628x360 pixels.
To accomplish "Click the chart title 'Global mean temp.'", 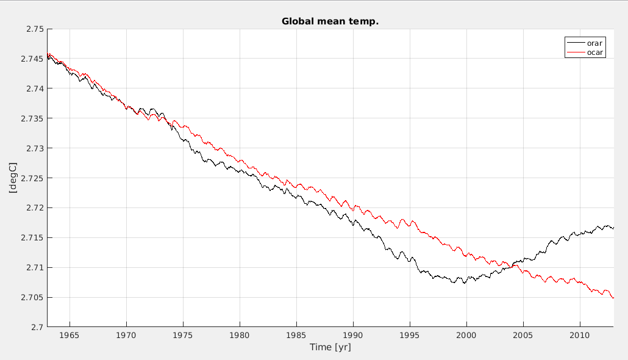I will point(330,21).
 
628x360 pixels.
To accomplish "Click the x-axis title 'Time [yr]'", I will point(330,348).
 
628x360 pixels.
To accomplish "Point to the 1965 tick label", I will point(70,336).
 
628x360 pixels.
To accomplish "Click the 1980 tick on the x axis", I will point(240,336).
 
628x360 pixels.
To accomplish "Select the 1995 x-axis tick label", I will point(410,336).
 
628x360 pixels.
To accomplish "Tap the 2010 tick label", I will point(579,336).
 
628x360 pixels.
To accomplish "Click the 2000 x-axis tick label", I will point(466,336).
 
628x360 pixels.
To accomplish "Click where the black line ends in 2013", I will point(613,228).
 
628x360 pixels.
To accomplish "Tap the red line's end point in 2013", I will point(613,298).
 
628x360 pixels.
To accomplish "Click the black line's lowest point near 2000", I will point(464,284).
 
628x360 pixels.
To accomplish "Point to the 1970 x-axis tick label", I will point(126,336).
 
